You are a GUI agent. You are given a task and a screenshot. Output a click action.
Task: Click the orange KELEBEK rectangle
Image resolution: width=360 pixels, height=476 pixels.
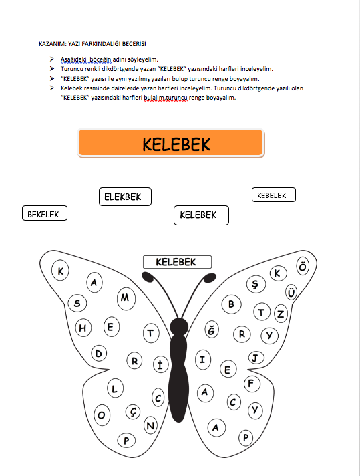[171, 144]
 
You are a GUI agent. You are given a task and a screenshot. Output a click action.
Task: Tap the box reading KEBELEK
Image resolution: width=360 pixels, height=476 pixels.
[273, 195]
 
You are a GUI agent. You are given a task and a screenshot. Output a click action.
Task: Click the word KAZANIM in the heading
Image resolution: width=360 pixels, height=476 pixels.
[53, 45]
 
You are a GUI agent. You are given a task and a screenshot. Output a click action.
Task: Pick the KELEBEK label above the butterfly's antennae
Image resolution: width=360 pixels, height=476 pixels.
[176, 262]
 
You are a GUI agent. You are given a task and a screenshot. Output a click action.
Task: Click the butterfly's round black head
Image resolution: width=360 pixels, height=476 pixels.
[179, 326]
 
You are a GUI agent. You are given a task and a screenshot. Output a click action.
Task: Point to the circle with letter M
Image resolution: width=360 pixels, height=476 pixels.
[125, 297]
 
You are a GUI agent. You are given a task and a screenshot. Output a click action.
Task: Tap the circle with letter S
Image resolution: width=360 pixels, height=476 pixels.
[77, 304]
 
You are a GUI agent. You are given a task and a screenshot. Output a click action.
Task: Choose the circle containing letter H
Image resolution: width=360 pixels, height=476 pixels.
[83, 328]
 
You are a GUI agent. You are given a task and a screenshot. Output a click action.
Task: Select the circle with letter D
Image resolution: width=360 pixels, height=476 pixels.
[98, 353]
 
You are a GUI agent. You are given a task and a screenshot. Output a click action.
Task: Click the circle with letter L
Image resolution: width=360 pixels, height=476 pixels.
[114, 388]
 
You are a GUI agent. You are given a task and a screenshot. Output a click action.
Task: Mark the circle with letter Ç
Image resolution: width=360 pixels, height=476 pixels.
[134, 412]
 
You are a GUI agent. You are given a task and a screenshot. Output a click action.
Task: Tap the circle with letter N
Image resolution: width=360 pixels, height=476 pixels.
[151, 425]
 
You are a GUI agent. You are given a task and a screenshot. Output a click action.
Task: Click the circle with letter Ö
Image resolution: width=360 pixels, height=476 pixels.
[303, 267]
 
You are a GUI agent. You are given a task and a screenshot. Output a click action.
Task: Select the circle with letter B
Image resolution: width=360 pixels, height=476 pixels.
[231, 304]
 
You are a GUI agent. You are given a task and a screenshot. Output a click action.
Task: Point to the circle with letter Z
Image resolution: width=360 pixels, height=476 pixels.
[281, 313]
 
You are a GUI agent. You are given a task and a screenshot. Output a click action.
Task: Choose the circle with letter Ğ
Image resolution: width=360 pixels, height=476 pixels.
[212, 330]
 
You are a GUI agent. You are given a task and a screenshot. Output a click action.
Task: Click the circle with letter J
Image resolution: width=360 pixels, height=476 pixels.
[254, 358]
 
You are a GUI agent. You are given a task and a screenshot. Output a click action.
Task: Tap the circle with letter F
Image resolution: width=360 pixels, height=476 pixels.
[250, 384]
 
